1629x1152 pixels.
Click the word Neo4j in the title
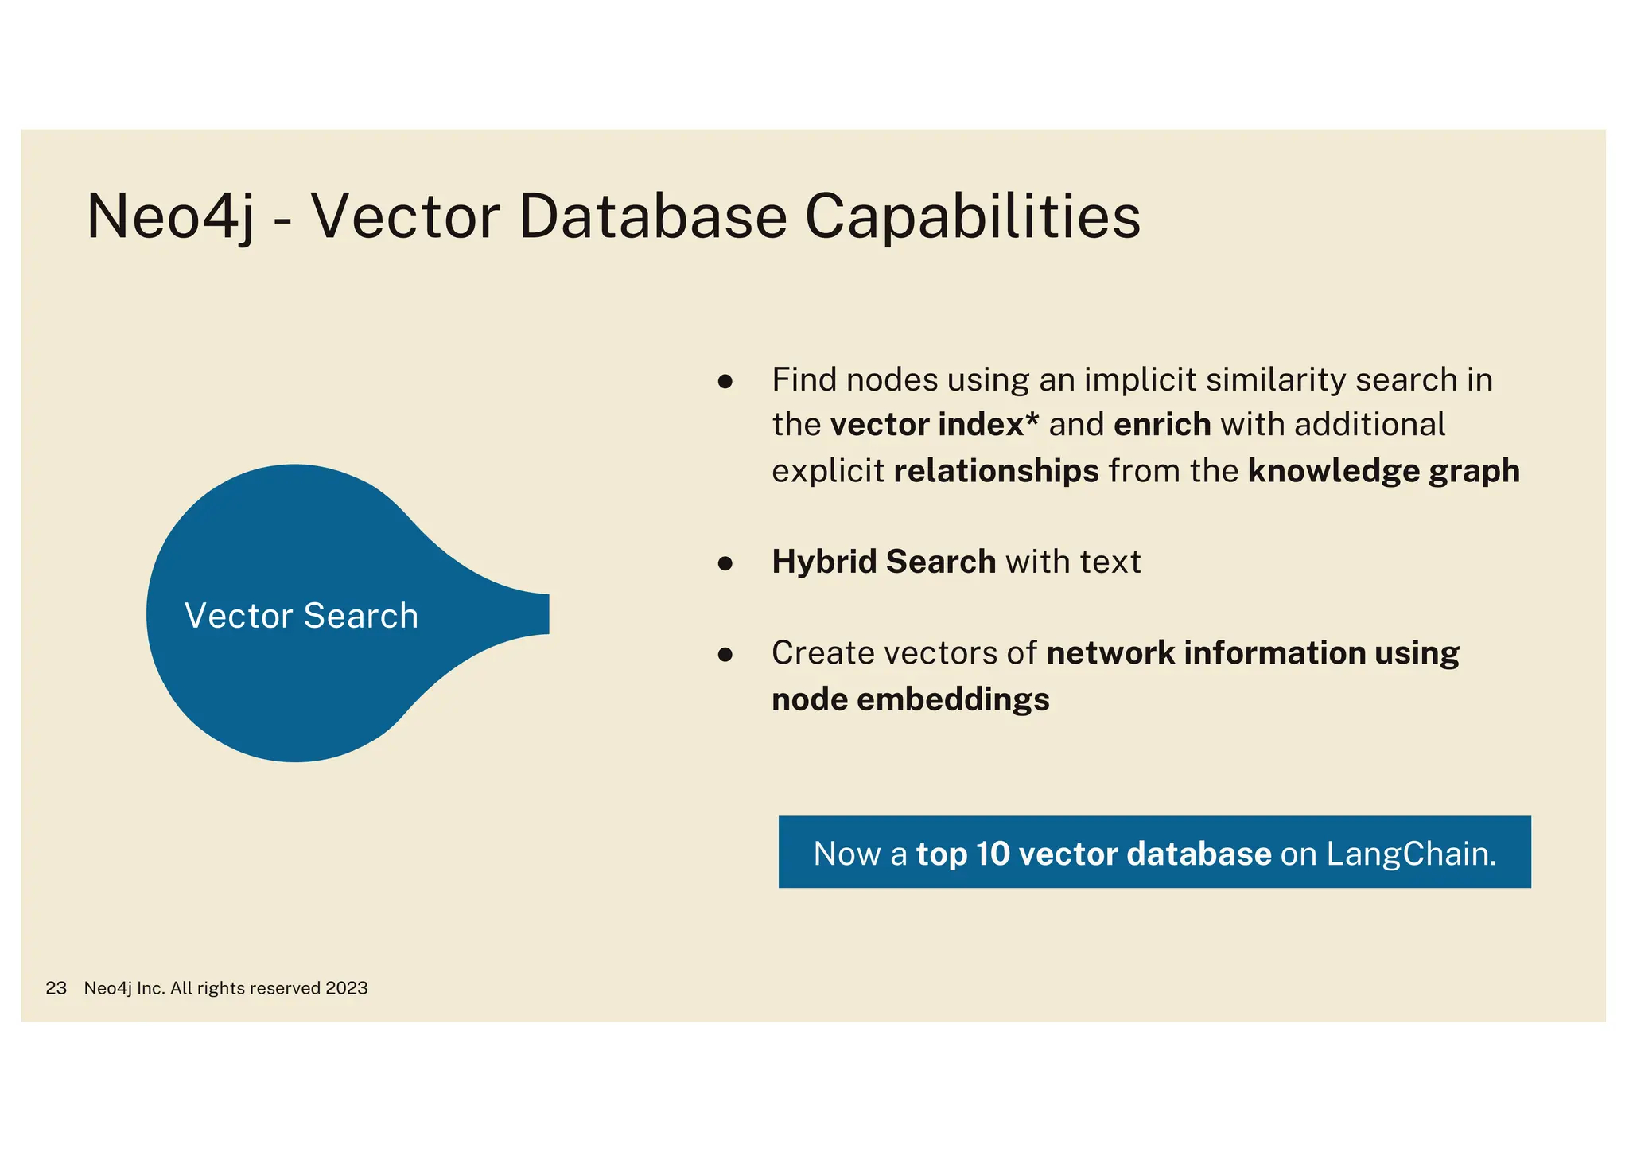[169, 216]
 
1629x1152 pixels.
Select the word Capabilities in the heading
[972, 216]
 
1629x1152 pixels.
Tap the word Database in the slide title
[652, 216]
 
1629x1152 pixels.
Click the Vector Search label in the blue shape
[301, 616]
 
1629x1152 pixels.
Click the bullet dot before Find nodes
[725, 381]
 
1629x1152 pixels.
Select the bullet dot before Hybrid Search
[725, 563]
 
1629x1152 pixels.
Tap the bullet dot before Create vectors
[725, 655]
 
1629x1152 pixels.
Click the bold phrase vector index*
[934, 425]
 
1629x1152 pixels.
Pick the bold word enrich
[1162, 425]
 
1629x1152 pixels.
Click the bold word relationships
[996, 471]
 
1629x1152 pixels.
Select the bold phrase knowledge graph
[1383, 471]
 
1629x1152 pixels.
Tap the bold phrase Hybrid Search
[883, 562]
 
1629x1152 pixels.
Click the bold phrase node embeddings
[910, 699]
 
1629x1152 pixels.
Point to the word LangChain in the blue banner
[1409, 854]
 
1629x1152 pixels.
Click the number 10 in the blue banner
[992, 854]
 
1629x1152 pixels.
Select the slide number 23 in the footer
[56, 988]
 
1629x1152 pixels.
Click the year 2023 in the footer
[346, 988]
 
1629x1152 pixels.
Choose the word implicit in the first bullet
[1140, 379]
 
